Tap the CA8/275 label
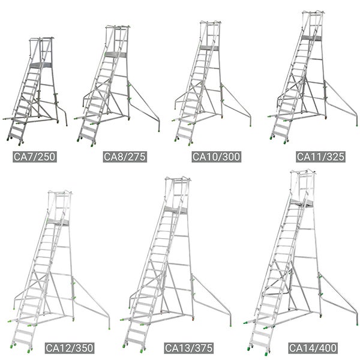[125, 157]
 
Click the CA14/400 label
[311, 347]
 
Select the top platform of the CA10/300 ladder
[208, 47]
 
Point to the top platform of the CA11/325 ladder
[311, 38]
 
